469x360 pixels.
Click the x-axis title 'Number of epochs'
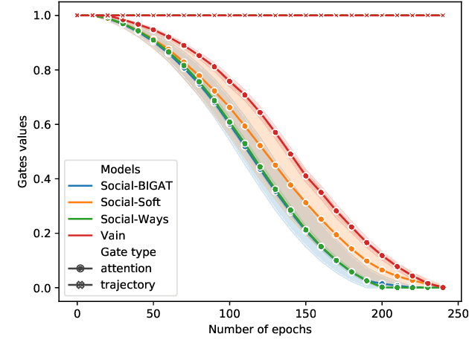tap(260, 329)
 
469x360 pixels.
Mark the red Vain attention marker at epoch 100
tap(229, 82)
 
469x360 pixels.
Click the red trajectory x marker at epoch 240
tap(443, 16)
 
